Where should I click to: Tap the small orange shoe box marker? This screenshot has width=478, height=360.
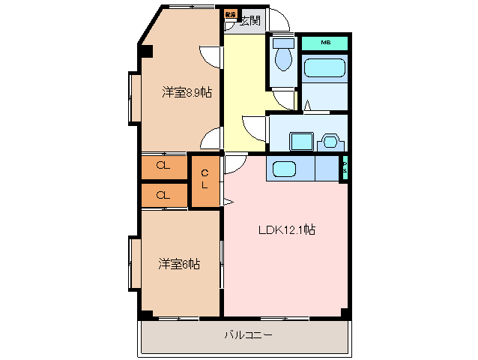[230, 14]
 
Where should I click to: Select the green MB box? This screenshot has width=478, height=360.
[325, 43]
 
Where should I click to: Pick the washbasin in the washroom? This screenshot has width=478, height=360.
[330, 141]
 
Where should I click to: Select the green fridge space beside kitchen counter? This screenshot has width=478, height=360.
[345, 169]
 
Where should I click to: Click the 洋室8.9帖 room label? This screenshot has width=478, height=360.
[186, 92]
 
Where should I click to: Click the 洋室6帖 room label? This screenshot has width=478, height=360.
[178, 263]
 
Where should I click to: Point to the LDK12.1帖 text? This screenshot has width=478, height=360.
[288, 230]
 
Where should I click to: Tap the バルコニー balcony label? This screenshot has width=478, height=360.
[248, 334]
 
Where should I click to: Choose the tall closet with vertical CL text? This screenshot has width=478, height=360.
[205, 180]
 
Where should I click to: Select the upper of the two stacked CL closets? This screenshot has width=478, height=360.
[163, 166]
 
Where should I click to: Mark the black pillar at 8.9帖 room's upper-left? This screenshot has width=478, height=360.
[145, 52]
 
